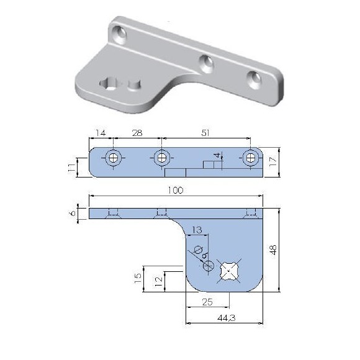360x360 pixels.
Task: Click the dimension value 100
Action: tap(176, 191)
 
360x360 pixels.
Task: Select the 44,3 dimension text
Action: tap(226, 318)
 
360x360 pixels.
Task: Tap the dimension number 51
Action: tap(205, 133)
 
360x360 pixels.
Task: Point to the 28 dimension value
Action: tap(137, 133)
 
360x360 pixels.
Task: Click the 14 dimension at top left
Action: tap(101, 133)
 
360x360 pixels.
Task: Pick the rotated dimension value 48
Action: tap(274, 250)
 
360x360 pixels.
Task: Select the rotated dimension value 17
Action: tap(273, 163)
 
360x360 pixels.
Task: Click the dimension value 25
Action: tap(207, 302)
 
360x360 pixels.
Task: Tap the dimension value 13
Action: tap(197, 230)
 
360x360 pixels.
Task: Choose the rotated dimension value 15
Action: tap(138, 278)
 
